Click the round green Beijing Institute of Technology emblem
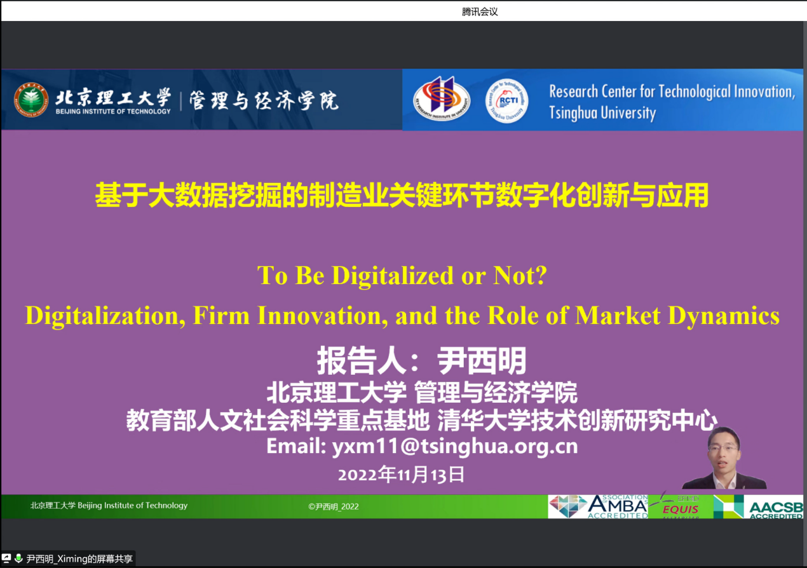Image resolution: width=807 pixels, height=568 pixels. pos(31,100)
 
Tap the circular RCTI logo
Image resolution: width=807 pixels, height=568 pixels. pos(506,100)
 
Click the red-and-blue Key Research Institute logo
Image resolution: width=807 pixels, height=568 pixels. pos(442,98)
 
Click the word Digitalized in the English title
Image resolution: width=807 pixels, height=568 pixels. pos(392,276)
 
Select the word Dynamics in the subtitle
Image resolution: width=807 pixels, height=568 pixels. pos(724,316)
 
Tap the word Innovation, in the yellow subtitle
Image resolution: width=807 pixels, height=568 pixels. pos(322,316)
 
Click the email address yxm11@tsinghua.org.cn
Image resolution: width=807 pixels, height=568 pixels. pos(455,447)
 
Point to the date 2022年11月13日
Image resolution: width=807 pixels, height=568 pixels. pos(401,475)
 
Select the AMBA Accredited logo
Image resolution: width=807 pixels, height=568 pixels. pos(598,506)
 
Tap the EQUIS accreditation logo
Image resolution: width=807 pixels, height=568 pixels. pos(680,506)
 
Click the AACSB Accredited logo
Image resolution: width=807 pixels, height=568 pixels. pos(759,506)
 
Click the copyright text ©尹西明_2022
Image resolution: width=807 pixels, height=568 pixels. pos(333,506)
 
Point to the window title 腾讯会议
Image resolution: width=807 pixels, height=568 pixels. pos(480,11)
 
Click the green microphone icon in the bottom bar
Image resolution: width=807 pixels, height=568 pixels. pos(18,558)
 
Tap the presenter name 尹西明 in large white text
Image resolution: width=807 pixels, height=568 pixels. pos(482,360)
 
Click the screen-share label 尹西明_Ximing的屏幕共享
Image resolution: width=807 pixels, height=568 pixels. pos(79,558)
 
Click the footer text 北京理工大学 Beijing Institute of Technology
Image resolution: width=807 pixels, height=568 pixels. pos(109,505)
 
